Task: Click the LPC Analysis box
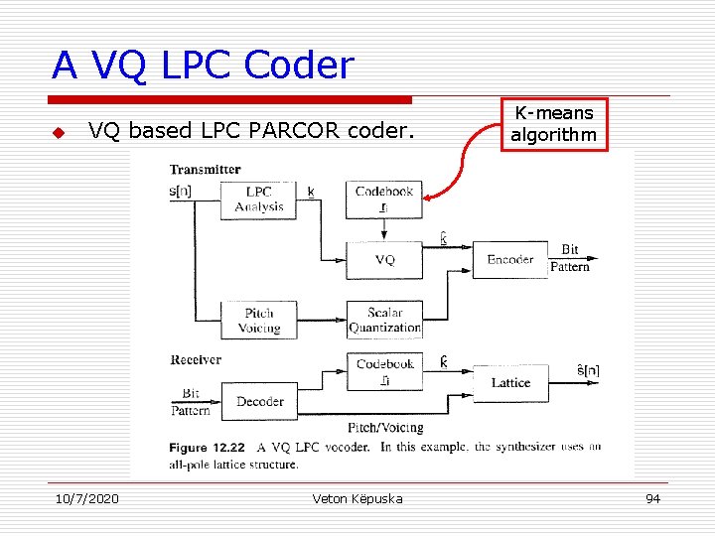(x=258, y=199)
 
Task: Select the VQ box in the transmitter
(x=384, y=259)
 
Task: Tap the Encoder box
(x=510, y=259)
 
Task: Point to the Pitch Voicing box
(x=258, y=320)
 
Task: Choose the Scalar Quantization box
(x=384, y=320)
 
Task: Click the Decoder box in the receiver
(x=259, y=401)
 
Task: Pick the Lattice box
(x=510, y=382)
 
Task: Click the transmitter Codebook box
(x=384, y=199)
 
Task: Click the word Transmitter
(x=205, y=170)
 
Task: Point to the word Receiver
(x=196, y=359)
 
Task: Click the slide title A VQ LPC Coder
(x=203, y=66)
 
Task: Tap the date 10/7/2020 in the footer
(x=85, y=498)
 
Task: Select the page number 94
(x=652, y=498)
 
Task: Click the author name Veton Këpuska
(x=357, y=498)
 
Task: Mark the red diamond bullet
(x=59, y=132)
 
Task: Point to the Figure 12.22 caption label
(x=208, y=448)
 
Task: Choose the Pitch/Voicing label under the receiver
(x=384, y=428)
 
